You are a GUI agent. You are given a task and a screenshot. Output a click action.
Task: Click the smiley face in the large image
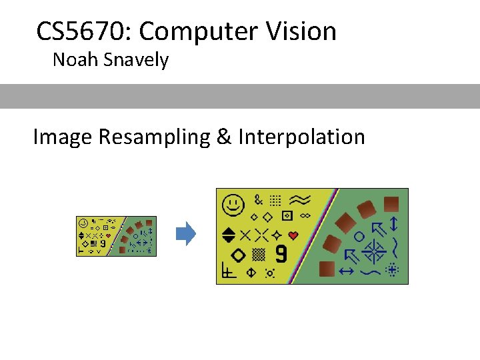[232, 205]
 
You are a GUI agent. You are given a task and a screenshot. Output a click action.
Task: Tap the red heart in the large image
[293, 235]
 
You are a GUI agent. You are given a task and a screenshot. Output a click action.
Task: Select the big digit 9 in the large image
[281, 254]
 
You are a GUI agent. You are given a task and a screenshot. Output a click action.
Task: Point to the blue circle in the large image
[359, 236]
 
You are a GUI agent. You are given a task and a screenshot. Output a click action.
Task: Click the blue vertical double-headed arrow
[393, 223]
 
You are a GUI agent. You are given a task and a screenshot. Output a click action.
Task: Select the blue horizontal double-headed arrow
[346, 271]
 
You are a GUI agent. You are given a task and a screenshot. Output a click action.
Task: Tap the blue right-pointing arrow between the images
[186, 233]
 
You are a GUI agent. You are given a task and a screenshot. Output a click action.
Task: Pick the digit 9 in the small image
[103, 243]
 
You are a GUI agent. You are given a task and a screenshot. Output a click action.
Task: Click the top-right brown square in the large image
[392, 203]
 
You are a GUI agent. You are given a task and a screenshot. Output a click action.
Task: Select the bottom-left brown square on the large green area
[327, 268]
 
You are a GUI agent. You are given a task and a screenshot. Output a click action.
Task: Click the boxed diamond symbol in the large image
[287, 216]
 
